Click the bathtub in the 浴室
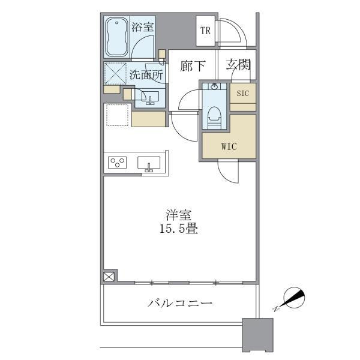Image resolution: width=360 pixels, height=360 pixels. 116,37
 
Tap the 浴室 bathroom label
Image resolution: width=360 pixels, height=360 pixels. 143,27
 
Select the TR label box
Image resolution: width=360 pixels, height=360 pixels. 205,31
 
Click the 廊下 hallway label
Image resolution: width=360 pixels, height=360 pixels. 193,66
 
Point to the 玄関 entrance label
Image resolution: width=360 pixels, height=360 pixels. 238,65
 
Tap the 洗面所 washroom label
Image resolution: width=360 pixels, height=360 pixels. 146,74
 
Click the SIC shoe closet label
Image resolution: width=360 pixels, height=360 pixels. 242,94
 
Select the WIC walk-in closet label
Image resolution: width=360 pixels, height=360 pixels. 229,146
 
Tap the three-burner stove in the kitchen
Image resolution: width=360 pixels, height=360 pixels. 117,163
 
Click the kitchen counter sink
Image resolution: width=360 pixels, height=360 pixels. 149,163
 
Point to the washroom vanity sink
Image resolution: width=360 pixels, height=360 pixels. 150,98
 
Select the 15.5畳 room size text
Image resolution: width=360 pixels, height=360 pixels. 179,229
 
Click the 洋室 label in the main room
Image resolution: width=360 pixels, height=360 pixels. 179,215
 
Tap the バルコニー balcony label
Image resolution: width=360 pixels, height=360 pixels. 180,303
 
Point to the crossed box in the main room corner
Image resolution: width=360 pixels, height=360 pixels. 109,277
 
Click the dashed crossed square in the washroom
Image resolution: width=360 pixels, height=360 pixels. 115,73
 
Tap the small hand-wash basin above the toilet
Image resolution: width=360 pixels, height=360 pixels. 214,86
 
